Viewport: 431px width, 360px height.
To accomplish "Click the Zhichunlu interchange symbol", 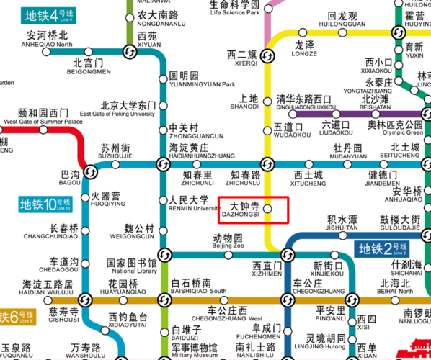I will click(267, 163).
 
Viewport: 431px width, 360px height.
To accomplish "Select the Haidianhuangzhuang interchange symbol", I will click(162, 164).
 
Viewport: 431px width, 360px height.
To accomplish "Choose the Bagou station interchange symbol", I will click(91, 171).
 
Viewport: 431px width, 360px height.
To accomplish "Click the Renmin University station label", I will click(193, 204).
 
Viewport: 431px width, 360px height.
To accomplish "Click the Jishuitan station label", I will click(342, 223).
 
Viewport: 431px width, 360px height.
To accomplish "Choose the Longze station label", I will click(305, 48).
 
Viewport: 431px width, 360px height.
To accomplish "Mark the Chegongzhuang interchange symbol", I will click(288, 300).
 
